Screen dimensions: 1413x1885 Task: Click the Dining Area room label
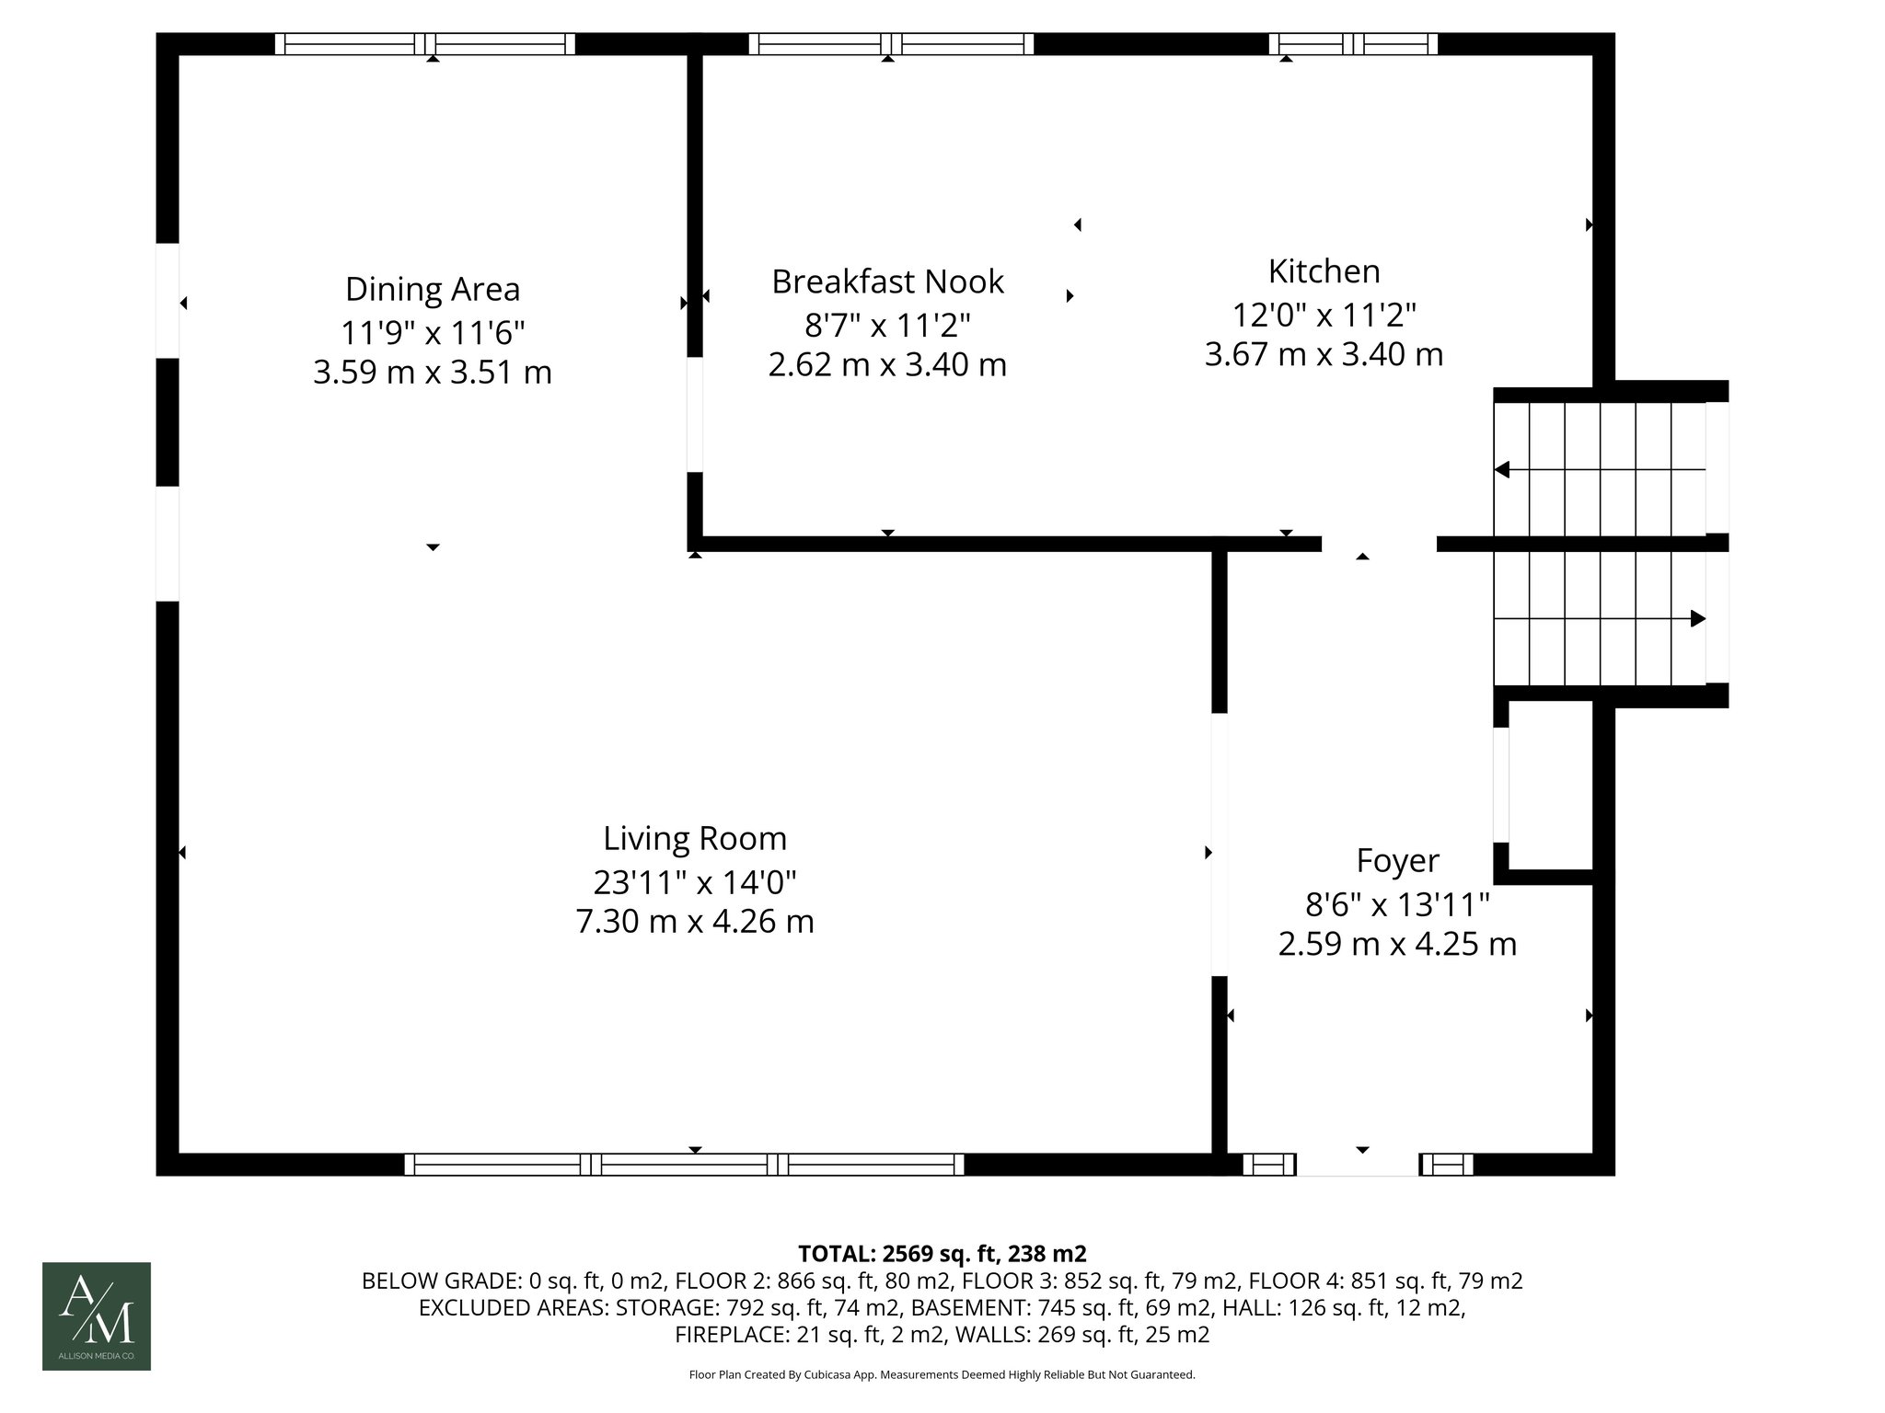coord(432,289)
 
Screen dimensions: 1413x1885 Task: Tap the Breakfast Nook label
coord(887,281)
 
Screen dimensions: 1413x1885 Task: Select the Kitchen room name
coord(1324,271)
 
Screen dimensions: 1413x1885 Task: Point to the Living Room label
coord(695,839)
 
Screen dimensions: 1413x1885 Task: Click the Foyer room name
coord(1397,861)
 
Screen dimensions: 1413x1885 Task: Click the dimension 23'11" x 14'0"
coord(695,882)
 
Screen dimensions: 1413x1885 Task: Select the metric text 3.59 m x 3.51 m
coord(432,373)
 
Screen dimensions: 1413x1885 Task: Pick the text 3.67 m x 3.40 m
coord(1324,354)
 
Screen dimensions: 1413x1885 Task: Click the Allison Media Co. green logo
coord(97,1315)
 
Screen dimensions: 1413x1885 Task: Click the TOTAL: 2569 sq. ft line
coord(942,1254)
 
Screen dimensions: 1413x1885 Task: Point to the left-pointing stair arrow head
coord(1502,470)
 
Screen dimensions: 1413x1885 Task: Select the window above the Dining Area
coord(425,44)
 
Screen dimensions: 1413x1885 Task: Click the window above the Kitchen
coord(1353,44)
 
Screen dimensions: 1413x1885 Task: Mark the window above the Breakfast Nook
coord(891,44)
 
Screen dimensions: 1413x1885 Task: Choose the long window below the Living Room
coord(685,1165)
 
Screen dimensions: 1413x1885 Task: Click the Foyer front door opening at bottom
coord(1358,1165)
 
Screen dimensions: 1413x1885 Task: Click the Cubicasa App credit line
coord(942,1375)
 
